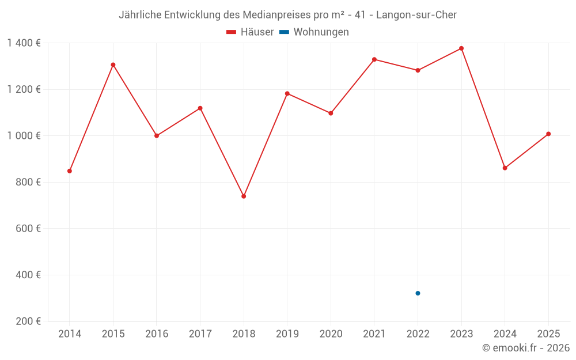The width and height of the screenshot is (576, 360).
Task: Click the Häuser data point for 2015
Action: (x=113, y=65)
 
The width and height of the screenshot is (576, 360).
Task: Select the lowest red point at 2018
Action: (x=244, y=196)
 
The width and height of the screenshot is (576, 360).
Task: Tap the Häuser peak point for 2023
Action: (x=461, y=48)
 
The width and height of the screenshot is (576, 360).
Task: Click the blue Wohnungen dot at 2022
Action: (x=418, y=293)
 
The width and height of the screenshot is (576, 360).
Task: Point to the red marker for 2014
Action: (x=70, y=171)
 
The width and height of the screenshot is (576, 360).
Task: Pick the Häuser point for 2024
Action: (x=505, y=168)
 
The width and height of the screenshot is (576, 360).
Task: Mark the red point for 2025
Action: (x=548, y=134)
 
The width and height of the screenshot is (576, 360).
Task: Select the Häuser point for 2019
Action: (x=287, y=93)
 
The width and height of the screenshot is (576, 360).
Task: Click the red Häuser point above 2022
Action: (x=418, y=70)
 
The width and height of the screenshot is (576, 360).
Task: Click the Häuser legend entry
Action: (x=250, y=32)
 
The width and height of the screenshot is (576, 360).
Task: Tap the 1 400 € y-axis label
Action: (x=24, y=43)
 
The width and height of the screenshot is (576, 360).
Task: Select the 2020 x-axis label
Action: (x=331, y=334)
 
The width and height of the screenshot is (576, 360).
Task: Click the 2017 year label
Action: (x=200, y=334)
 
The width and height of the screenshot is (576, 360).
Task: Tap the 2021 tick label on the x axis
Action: (x=374, y=334)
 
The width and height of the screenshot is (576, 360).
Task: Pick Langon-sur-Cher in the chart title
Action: (x=416, y=15)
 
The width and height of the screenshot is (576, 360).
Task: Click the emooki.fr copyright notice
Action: (x=526, y=348)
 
